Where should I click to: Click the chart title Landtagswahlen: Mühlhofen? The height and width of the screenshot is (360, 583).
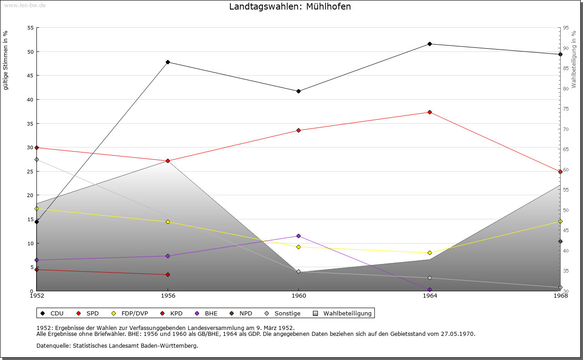click(290, 7)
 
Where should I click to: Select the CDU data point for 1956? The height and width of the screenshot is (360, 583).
click(168, 62)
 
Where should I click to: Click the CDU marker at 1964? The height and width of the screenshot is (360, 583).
click(430, 44)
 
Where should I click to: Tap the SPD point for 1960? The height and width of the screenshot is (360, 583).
click(298, 130)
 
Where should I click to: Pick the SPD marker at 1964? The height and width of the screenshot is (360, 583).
click(430, 112)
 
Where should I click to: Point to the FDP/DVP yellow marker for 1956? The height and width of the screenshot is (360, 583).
click(168, 222)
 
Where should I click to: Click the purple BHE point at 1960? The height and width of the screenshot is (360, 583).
click(298, 236)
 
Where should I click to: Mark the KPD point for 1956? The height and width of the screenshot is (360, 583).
click(168, 274)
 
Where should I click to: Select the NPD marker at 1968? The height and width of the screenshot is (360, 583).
click(560, 241)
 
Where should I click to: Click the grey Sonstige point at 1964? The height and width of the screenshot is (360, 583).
click(430, 278)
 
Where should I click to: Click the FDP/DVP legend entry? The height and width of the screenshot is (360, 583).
click(130, 313)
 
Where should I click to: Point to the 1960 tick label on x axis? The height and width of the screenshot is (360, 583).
click(298, 296)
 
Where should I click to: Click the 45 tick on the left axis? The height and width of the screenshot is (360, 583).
click(31, 76)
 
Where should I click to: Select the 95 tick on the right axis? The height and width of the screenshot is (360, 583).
click(566, 28)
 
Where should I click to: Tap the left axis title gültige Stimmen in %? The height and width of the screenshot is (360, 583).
click(6, 60)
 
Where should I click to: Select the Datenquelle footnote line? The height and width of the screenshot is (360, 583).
click(117, 345)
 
